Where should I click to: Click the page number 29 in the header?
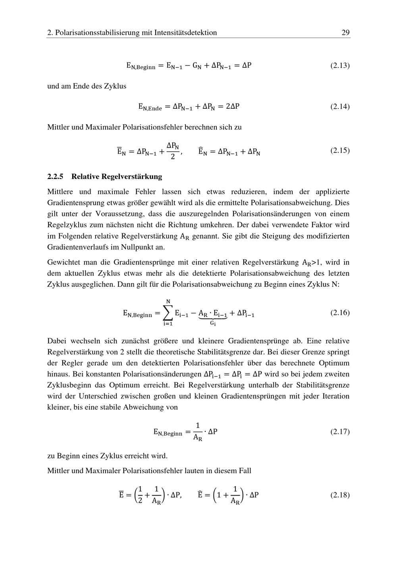tap(345, 33)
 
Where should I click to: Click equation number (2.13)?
tap(340, 65)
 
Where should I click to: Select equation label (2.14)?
tap(340, 106)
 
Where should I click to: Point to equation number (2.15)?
tap(340, 150)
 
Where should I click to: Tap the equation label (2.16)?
tap(340, 312)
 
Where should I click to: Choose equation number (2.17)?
tap(340, 431)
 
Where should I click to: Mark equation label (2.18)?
tap(340, 495)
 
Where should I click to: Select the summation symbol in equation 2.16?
tap(168, 313)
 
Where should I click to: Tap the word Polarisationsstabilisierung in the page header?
tap(97, 33)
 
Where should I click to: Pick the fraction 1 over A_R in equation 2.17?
tap(198, 432)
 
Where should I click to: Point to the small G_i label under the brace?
tap(213, 323)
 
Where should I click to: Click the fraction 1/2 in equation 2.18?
tap(140, 495)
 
